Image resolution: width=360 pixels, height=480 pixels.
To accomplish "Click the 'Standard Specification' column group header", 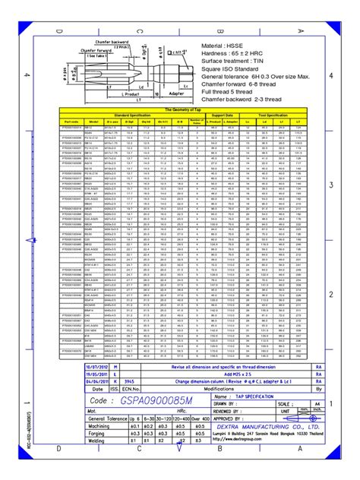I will click(126, 115).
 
